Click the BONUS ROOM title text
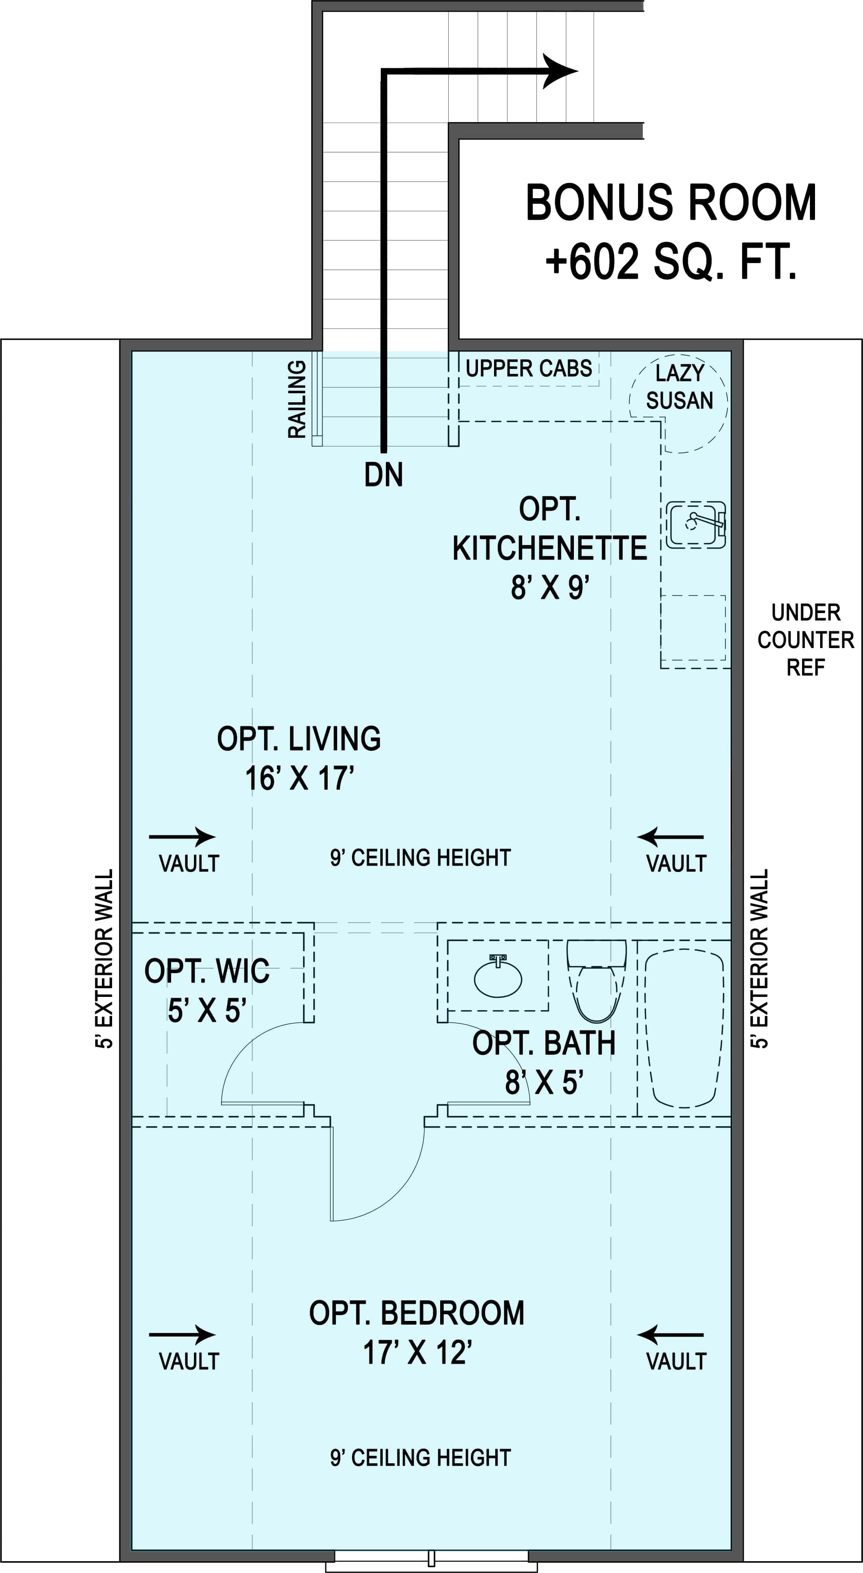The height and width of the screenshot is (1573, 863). [x=671, y=203]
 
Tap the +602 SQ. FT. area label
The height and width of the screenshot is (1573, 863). [x=671, y=262]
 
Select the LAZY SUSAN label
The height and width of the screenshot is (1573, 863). [x=679, y=387]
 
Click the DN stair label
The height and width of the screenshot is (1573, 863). [x=384, y=475]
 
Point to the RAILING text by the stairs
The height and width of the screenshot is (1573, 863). [x=297, y=399]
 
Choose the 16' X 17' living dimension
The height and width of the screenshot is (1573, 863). [x=299, y=779]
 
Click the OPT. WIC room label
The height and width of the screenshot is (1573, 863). [x=207, y=971]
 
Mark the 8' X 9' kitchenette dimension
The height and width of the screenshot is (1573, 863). [x=550, y=588]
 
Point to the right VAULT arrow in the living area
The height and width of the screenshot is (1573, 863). [x=671, y=837]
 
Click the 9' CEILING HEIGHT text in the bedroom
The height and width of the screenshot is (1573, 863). [x=420, y=1458]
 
